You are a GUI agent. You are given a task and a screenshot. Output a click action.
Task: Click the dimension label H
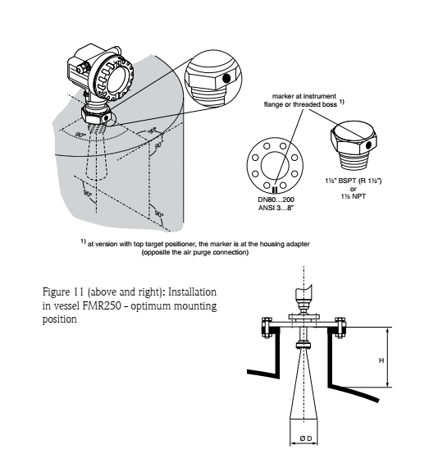point(381,360)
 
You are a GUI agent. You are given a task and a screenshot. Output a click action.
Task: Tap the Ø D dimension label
point(306,438)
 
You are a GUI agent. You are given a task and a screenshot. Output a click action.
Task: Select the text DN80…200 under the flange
point(276,200)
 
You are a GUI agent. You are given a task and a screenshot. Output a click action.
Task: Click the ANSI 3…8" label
point(276,208)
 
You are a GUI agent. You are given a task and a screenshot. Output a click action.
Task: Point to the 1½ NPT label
point(354,196)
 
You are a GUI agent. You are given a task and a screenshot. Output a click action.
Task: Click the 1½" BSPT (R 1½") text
point(354,181)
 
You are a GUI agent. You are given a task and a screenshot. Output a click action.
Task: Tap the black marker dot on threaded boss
point(368,145)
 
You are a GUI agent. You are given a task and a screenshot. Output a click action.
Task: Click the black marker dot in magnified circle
point(226,79)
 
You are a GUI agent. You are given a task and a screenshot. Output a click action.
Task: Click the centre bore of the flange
point(275,165)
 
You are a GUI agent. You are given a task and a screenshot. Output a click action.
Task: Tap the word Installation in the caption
point(192,291)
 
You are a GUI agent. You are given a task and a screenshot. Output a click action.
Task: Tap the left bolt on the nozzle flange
point(267,328)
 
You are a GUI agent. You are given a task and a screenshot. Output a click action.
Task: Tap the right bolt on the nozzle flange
point(340,328)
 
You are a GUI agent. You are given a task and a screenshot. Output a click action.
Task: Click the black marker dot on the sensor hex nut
point(106,119)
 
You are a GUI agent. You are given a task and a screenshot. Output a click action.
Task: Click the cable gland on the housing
point(81,69)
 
